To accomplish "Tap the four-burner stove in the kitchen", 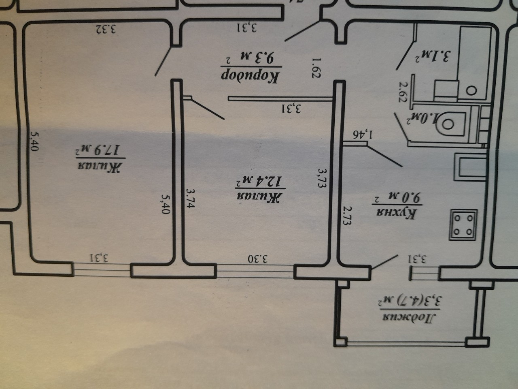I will pos(463,225).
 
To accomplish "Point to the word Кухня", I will pos(396,214).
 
